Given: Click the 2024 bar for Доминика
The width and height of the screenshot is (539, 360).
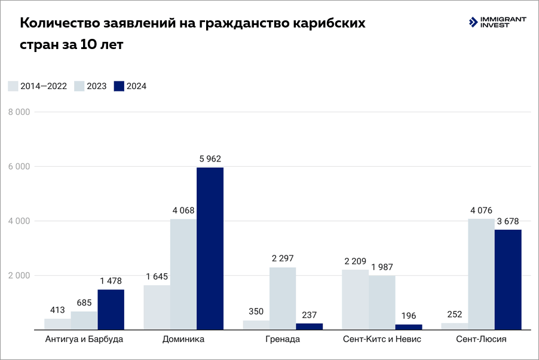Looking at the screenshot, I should tap(210, 248).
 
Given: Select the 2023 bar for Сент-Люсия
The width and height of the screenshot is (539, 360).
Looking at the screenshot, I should tap(481, 274).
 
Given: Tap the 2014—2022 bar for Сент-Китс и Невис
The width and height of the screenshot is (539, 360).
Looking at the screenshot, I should tap(355, 299).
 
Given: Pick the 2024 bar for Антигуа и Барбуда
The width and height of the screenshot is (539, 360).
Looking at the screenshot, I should tap(111, 309).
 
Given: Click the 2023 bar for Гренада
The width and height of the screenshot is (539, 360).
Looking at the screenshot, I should tap(283, 298).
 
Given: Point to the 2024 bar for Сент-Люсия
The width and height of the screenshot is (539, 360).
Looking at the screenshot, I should tap(508, 279).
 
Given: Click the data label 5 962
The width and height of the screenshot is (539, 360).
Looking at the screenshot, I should tap(210, 159).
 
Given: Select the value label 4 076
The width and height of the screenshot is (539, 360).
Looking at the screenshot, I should tap(481, 210).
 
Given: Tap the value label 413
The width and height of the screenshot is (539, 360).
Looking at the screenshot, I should tap(57, 310).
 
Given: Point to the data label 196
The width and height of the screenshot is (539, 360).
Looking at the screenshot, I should tap(408, 316).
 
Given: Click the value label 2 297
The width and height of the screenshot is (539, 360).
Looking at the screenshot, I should tap(283, 258).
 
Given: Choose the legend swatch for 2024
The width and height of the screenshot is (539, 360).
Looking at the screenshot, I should tap(118, 86).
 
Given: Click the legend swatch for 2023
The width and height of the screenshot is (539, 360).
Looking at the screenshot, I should tap(79, 86).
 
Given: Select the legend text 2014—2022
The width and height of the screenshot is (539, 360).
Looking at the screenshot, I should tap(44, 86).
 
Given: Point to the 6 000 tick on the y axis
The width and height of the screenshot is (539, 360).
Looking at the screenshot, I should tap(20, 167).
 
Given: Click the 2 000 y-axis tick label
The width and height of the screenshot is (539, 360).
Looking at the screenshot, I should tap(20, 276).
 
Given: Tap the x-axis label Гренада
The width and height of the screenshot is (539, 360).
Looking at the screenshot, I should tap(283, 339).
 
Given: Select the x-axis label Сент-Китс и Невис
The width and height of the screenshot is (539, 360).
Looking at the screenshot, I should tap(382, 339).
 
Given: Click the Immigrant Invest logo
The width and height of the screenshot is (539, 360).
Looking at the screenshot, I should tap(498, 23).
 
